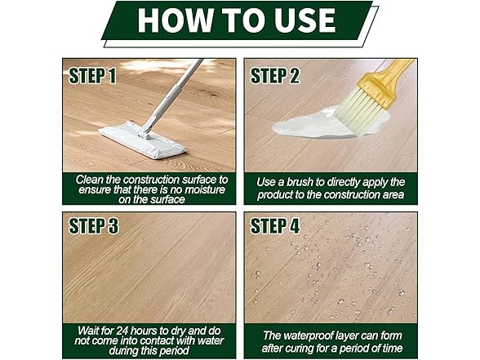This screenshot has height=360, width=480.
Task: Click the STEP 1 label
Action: [92, 76]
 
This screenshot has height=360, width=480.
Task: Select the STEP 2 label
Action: [275, 76]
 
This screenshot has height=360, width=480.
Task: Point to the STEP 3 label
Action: [93, 226]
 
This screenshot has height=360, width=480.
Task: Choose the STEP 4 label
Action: [275, 226]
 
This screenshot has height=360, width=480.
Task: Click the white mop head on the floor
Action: [142, 140]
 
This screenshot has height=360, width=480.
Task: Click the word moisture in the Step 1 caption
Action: [205, 189]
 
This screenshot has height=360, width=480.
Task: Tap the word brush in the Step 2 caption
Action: [300, 182]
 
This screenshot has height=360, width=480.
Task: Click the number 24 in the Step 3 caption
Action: [122, 331]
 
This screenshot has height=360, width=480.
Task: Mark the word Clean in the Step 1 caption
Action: [88, 180]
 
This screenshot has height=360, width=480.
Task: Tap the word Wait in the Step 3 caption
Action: [87, 331]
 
